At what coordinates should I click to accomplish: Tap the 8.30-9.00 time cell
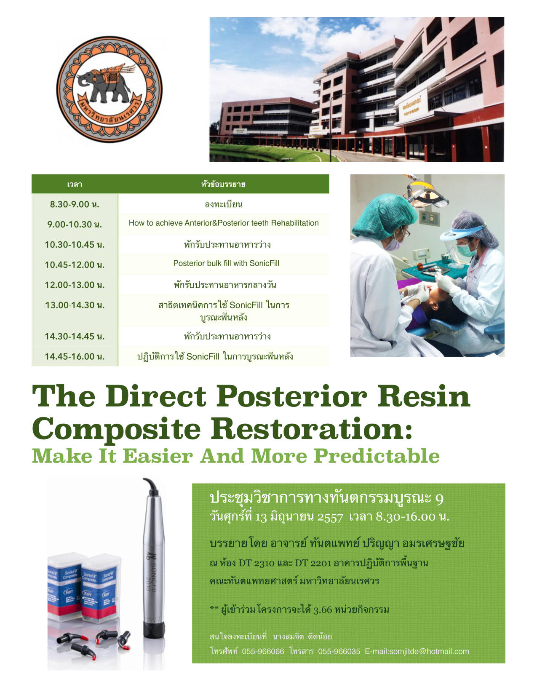75,204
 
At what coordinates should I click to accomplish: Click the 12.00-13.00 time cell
75,285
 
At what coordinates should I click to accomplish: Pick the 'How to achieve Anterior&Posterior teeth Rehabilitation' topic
224,223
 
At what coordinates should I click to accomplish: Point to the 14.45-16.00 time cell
75,356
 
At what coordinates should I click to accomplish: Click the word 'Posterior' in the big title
291,397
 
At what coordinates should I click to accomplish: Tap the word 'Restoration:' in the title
311,429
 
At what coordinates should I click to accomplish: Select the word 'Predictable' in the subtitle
377,456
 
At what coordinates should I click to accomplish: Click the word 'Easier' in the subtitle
158,456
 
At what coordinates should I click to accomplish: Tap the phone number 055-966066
263,652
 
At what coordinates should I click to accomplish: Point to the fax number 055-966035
339,652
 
